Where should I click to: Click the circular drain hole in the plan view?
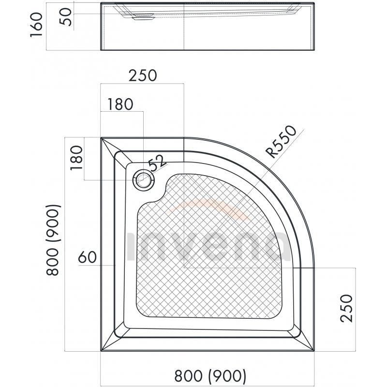(x=144, y=180)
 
